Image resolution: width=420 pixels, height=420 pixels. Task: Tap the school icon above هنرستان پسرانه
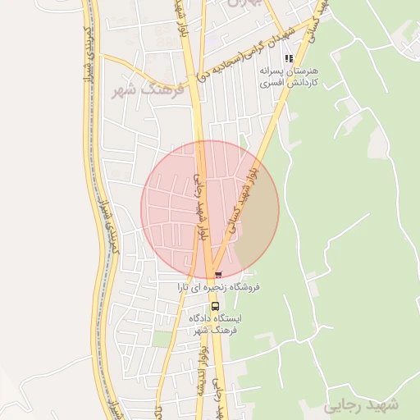click(x=289, y=58)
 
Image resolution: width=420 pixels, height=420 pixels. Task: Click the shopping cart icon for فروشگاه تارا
click(x=217, y=274)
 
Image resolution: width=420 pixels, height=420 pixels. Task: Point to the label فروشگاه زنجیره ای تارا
click(x=219, y=288)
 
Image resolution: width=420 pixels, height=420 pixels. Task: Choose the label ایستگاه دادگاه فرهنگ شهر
click(x=213, y=323)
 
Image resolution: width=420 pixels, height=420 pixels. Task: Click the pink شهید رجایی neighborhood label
click(x=361, y=405)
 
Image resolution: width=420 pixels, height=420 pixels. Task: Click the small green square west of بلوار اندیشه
click(x=162, y=339)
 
